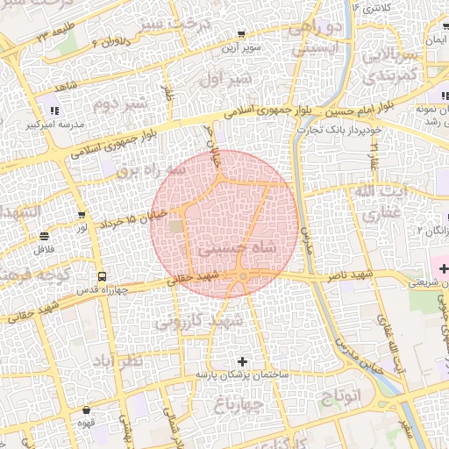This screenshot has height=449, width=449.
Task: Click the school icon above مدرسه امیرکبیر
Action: [53, 110]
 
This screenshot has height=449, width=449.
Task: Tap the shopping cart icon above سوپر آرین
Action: [241, 35]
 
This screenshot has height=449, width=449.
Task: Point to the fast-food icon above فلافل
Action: [44, 236]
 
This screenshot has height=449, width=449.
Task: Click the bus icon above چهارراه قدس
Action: [103, 274]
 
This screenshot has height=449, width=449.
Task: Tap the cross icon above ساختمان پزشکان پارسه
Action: [243, 360]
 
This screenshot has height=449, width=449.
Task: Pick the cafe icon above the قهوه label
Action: [87, 410]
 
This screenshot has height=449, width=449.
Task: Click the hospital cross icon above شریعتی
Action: [442, 268]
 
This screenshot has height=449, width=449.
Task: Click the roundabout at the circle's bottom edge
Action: [242, 279]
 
